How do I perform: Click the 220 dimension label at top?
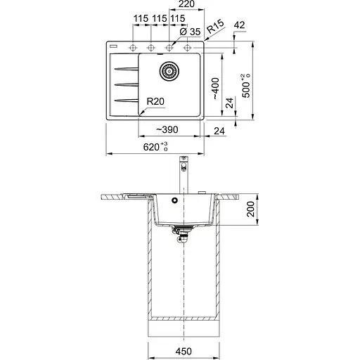[186, 4]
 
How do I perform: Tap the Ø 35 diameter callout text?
[191, 32]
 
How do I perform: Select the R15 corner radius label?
[215, 26]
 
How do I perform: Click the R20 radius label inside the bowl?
[155, 101]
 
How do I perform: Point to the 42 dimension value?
[239, 25]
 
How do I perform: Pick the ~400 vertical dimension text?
[216, 89]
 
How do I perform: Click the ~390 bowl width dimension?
[167, 129]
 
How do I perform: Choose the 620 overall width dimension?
[155, 147]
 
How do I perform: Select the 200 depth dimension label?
[250, 209]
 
